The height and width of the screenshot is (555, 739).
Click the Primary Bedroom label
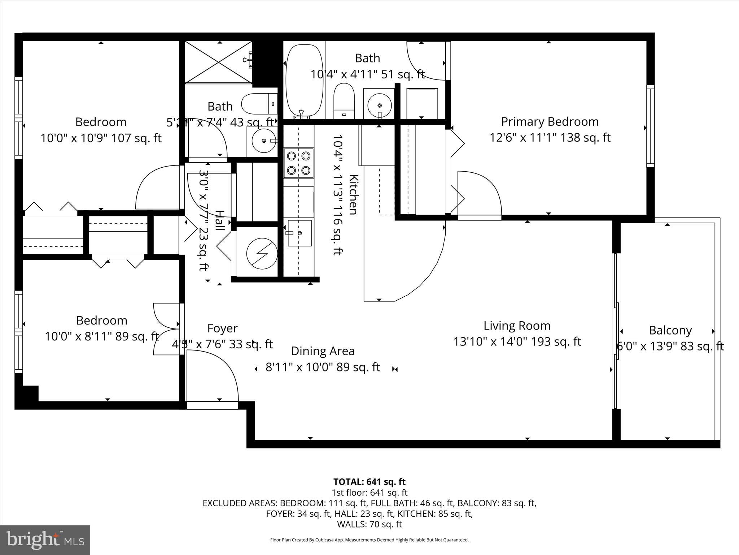(550, 122)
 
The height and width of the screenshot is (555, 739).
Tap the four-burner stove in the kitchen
(298, 163)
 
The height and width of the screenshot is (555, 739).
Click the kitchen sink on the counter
(299, 233)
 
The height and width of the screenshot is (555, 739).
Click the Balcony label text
(670, 330)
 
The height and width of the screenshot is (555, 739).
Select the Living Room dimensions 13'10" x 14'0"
(517, 341)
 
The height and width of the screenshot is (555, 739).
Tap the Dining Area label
(323, 351)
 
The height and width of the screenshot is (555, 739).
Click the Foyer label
(222, 328)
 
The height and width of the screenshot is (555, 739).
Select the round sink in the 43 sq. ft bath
(264, 141)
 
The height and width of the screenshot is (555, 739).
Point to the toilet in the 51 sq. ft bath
(344, 101)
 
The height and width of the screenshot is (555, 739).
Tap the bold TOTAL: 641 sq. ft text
(369, 482)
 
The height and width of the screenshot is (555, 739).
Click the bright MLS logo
(45, 540)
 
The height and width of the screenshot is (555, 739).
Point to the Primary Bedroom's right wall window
(650, 126)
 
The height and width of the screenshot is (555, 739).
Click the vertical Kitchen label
(353, 194)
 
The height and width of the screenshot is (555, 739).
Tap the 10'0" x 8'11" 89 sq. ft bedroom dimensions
(102, 336)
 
